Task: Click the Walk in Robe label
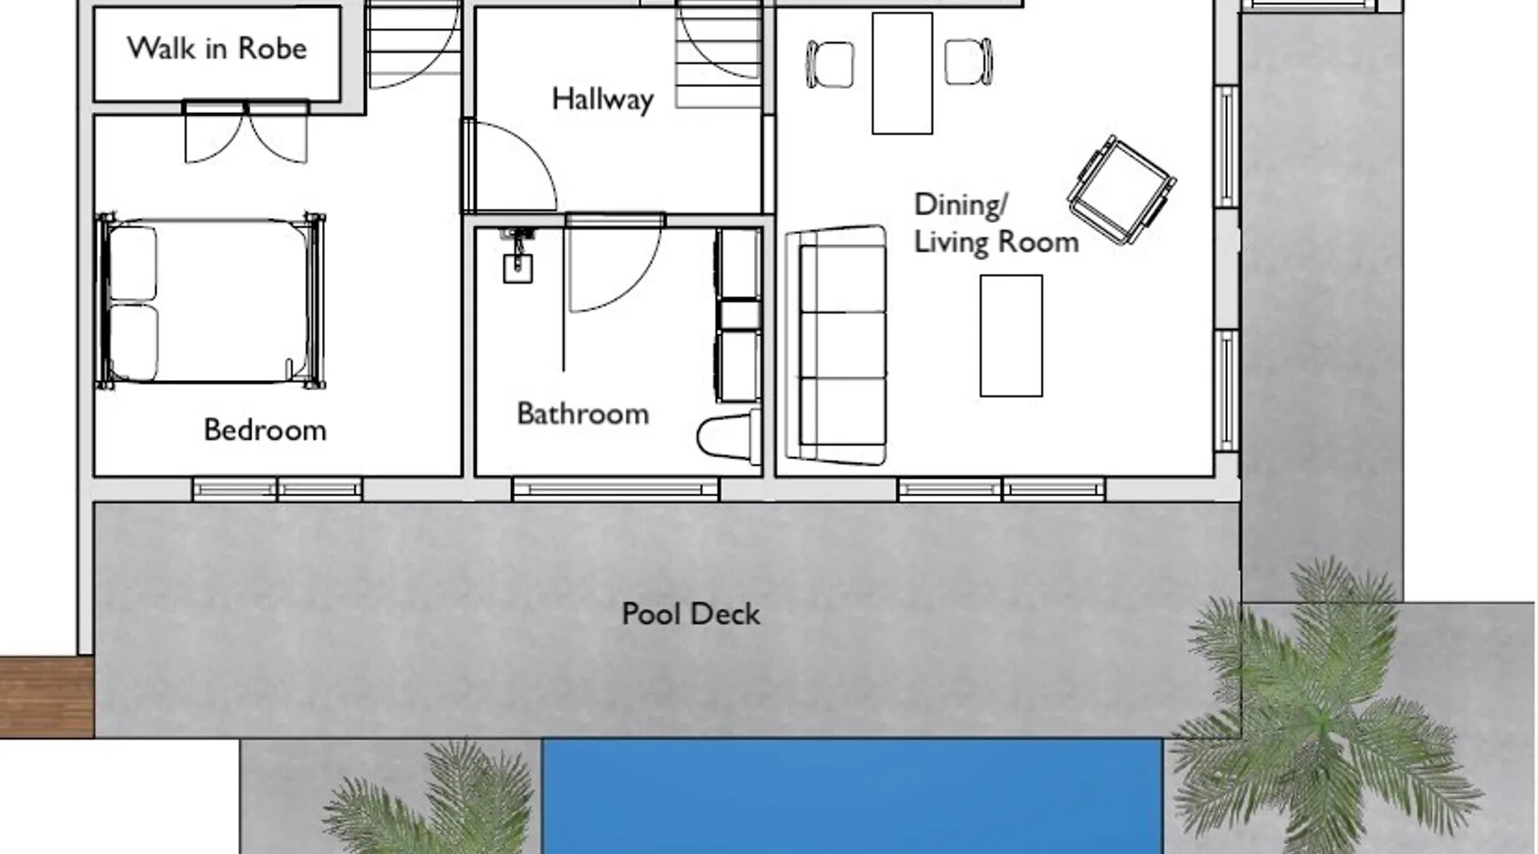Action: point(217,49)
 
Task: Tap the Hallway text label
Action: point(602,99)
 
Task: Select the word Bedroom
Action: point(265,430)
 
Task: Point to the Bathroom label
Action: point(583,414)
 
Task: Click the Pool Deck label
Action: point(690,614)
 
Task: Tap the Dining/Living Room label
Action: point(996,224)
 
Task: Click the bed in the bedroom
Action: point(211,301)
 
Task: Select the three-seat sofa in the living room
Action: point(837,346)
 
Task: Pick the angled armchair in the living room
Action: point(1121,190)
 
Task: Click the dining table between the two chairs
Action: point(902,73)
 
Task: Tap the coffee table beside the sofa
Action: point(1011,336)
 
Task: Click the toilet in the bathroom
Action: point(729,438)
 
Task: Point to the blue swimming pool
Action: point(852,796)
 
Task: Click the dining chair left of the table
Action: point(830,64)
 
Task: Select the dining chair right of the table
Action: point(969,61)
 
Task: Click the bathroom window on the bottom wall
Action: point(615,489)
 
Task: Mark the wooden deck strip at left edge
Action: point(47,697)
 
